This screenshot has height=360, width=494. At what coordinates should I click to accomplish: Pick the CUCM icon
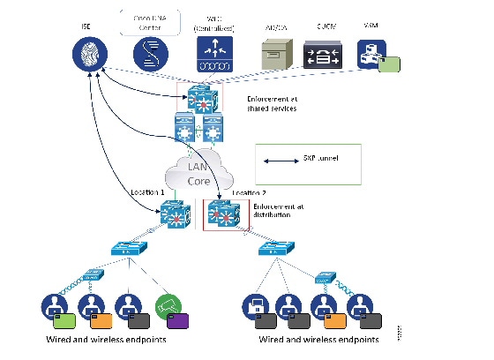pyautogui.click(x=324, y=55)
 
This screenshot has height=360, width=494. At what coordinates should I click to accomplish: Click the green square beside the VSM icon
pyautogui.click(x=390, y=64)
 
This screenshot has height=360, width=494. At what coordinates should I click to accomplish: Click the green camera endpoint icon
pyautogui.click(x=168, y=306)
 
